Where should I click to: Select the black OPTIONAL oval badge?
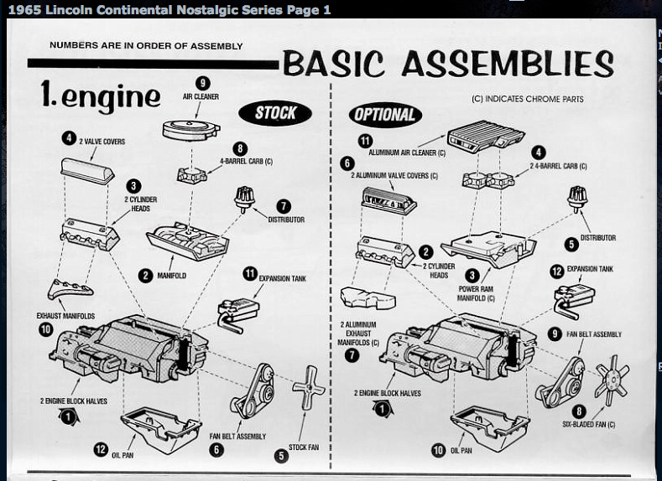click(385, 115)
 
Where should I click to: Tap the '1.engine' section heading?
click(100, 97)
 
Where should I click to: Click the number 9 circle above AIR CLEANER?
click(201, 82)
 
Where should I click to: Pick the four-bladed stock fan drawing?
click(308, 390)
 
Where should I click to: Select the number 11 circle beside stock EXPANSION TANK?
click(249, 273)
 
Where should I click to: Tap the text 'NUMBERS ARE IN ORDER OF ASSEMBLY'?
click(146, 45)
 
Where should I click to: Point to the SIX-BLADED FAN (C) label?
click(588, 425)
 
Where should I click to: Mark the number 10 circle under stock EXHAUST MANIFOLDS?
click(45, 329)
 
